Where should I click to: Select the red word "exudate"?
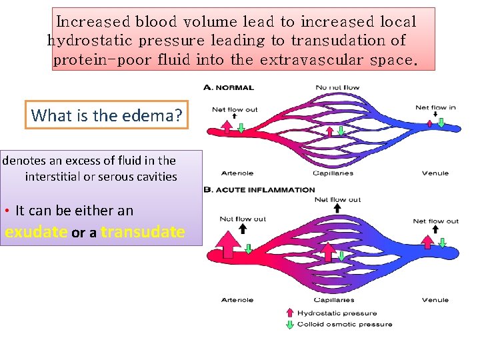pyautogui.click(x=36, y=232)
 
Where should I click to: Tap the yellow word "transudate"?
pyautogui.click(x=143, y=232)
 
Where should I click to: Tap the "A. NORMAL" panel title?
pyautogui.click(x=229, y=87)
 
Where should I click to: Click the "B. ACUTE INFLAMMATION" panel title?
pyautogui.click(x=259, y=190)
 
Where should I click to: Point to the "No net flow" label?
pyautogui.click(x=337, y=87)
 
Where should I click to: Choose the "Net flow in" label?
pyautogui.click(x=435, y=107)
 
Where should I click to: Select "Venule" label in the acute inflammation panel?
pyautogui.click(x=435, y=300)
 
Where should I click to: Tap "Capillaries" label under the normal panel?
pyautogui.click(x=334, y=173)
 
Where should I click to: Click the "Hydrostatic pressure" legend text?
pyautogui.click(x=336, y=313)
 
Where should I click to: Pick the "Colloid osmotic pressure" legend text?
pyautogui.click(x=344, y=325)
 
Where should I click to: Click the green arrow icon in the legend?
pyautogui.click(x=289, y=325)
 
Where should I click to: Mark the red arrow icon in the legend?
pyautogui.click(x=289, y=312)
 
